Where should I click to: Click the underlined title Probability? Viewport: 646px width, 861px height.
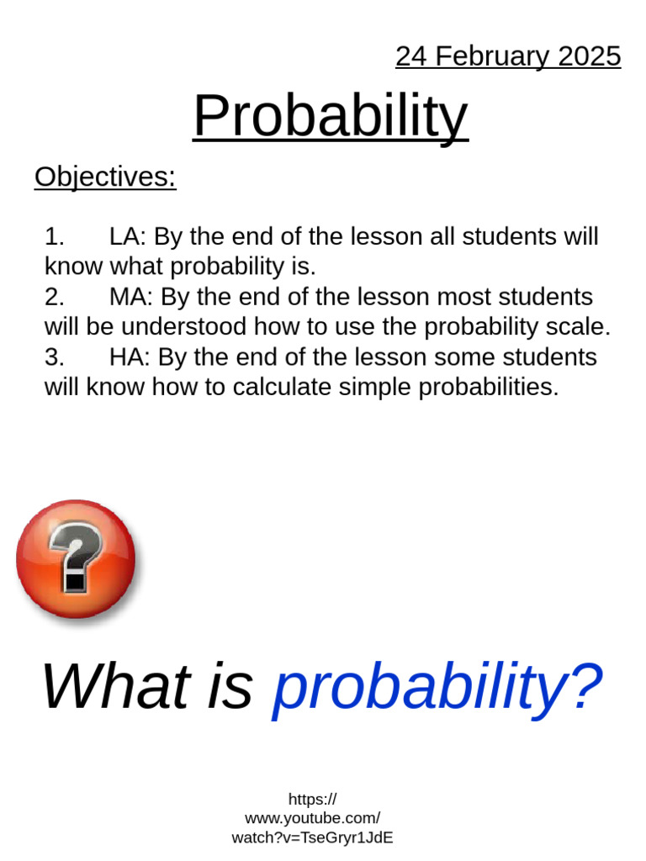click(x=330, y=116)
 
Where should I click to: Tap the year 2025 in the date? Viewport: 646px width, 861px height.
click(x=587, y=56)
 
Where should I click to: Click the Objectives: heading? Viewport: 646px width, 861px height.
click(x=105, y=177)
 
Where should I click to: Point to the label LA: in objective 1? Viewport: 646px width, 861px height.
click(x=128, y=237)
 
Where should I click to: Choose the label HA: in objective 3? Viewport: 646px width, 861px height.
click(x=130, y=357)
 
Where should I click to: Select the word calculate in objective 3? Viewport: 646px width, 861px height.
click(x=315, y=388)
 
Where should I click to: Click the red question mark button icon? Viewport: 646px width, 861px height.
click(x=76, y=559)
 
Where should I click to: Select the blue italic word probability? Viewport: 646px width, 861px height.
click(x=437, y=686)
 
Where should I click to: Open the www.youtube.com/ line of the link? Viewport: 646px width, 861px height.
click(x=312, y=818)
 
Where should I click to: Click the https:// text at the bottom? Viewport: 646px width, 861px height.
click(x=312, y=799)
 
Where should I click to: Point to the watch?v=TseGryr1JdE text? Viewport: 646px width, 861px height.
click(x=312, y=837)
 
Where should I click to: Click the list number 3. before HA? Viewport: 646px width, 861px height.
click(x=55, y=357)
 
